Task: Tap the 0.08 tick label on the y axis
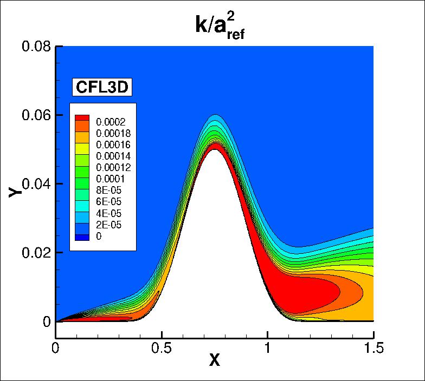pos(36,47)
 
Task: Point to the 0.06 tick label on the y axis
pos(36,115)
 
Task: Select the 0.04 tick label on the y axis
pos(36,184)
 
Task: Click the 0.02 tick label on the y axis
pos(36,253)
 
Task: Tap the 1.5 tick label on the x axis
pos(373,347)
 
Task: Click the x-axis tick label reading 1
pos(267,347)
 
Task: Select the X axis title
pos(215,360)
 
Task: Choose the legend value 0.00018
pos(110,133)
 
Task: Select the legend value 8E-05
pos(105,190)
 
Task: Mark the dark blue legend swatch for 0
pos(82,237)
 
